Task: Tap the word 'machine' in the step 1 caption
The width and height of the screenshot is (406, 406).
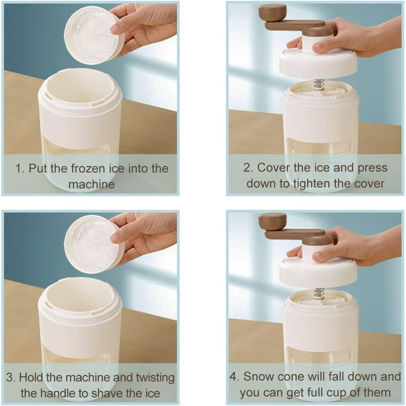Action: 91,184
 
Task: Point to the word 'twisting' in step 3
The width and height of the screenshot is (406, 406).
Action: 155,377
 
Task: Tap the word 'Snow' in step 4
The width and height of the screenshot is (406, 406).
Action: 259,376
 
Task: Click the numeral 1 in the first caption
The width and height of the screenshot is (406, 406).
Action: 19,168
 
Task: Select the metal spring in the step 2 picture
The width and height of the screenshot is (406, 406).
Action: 319,85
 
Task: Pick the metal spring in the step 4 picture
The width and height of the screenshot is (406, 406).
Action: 319,295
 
